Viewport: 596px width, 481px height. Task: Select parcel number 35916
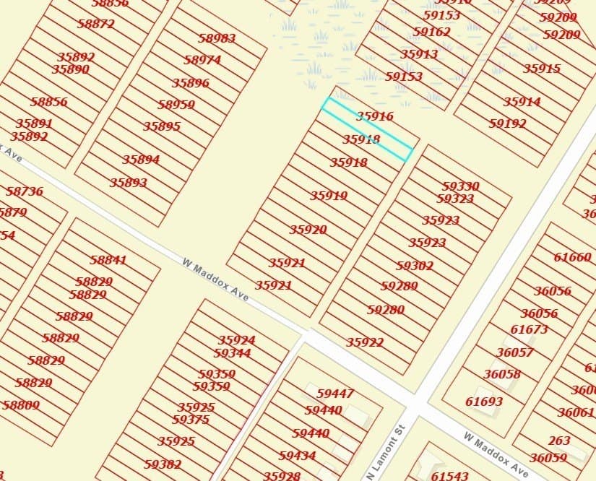(x=374, y=116)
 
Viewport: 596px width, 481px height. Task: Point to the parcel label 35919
(x=329, y=196)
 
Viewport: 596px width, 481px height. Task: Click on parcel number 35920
(x=308, y=230)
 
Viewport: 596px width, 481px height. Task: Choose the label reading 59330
(x=460, y=186)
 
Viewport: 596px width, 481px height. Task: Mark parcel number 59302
(x=415, y=266)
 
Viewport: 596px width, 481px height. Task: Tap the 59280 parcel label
(x=385, y=310)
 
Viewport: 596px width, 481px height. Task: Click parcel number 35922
(x=365, y=342)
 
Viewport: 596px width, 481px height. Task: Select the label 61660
(x=572, y=257)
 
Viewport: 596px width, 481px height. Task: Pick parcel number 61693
(x=484, y=402)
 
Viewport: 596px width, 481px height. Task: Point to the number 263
(x=558, y=441)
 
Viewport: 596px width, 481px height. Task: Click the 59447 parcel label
(x=335, y=394)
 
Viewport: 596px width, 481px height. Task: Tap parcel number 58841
(x=108, y=260)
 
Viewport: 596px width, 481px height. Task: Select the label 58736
(x=25, y=191)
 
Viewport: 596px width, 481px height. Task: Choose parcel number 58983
(x=217, y=38)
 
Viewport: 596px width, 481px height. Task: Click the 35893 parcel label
(x=129, y=183)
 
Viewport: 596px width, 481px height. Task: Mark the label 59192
(x=507, y=123)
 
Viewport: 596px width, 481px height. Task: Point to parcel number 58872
(x=96, y=24)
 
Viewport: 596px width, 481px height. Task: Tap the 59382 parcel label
(x=163, y=464)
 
